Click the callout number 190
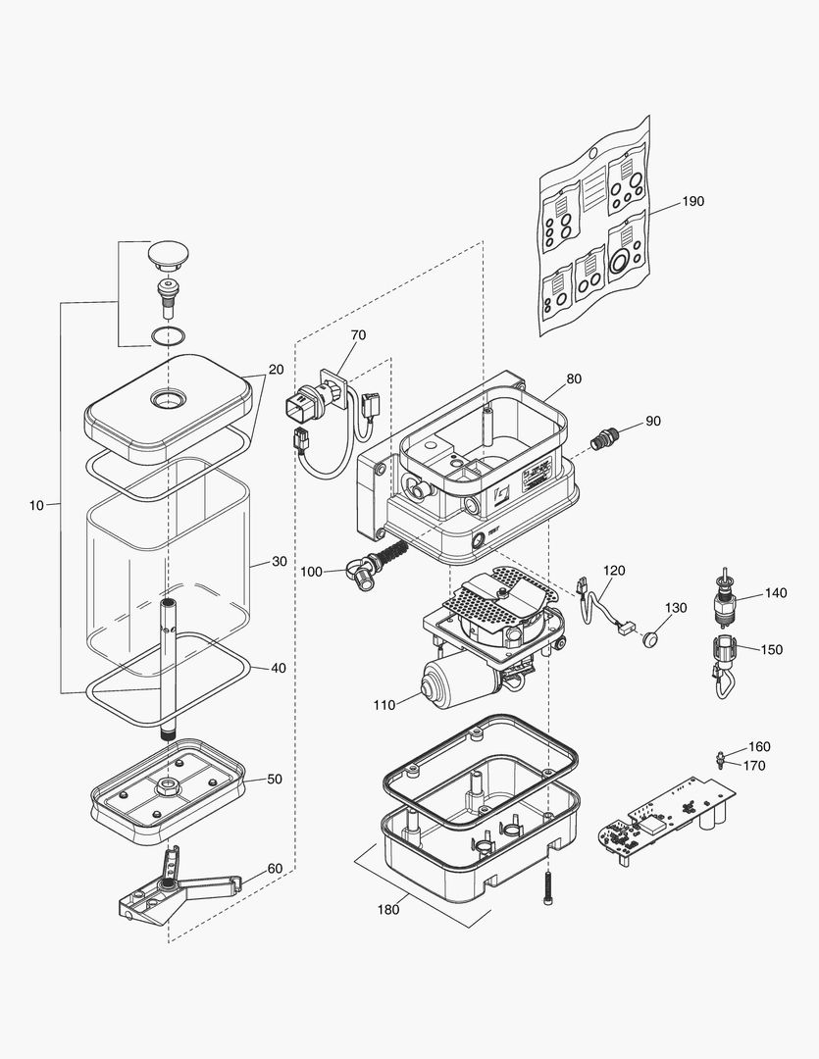pos(692,201)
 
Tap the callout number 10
pos(36,505)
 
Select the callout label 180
pos(388,909)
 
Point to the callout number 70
pos(358,335)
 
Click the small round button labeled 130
pos(649,639)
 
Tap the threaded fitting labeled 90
pos(602,437)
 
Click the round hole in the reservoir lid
pos(169,400)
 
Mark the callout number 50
pos(275,779)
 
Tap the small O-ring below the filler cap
pos(168,336)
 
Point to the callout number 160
pos(759,746)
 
